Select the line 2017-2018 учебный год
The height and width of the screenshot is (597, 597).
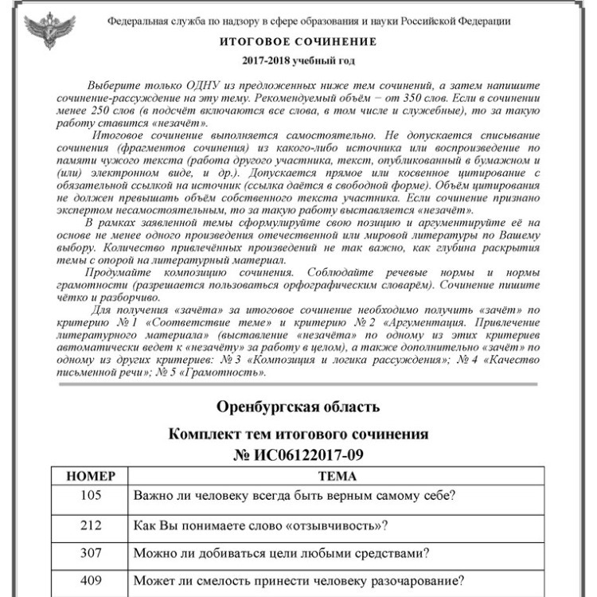point(298,60)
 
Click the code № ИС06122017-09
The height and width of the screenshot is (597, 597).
point(298,456)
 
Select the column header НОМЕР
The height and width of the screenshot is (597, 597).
point(91,476)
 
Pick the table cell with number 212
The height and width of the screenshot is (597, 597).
point(91,525)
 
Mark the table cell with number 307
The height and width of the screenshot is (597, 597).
point(91,552)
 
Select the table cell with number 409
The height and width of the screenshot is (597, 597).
point(91,579)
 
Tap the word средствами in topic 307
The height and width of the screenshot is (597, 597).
point(384,552)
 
